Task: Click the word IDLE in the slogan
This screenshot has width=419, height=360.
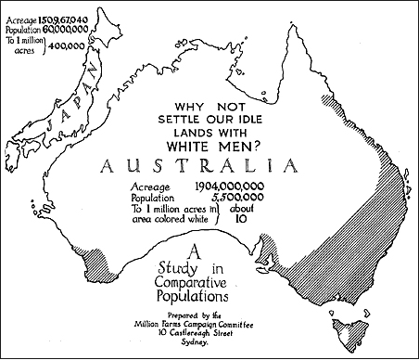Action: click(249, 118)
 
